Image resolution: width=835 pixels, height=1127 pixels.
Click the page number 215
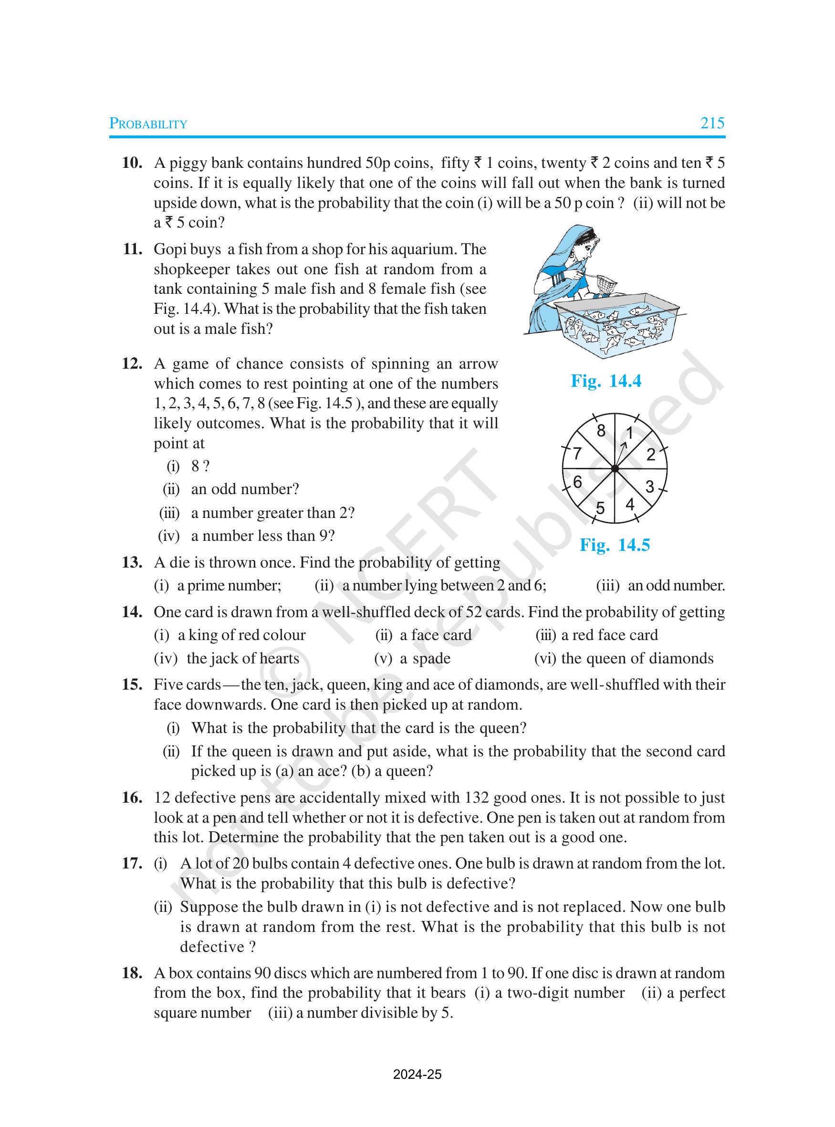pos(712,123)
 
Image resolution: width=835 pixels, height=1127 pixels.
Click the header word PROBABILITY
pos(148,124)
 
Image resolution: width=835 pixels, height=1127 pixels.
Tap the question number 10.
pos(132,163)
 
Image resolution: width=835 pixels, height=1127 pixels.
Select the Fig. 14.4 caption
pos(605,381)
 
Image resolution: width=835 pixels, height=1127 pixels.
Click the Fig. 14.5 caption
pos(615,545)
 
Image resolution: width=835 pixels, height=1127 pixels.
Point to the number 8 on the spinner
pos(600,431)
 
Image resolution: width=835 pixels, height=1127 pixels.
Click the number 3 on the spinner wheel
pos(649,486)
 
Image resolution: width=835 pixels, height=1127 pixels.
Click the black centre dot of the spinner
pos(615,469)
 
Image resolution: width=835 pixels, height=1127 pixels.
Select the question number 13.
pos(132,562)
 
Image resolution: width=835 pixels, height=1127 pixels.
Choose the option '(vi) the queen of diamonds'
pos(624,658)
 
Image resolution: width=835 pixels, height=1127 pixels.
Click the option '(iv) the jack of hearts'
pos(227,658)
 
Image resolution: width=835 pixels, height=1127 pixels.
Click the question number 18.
pos(132,973)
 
